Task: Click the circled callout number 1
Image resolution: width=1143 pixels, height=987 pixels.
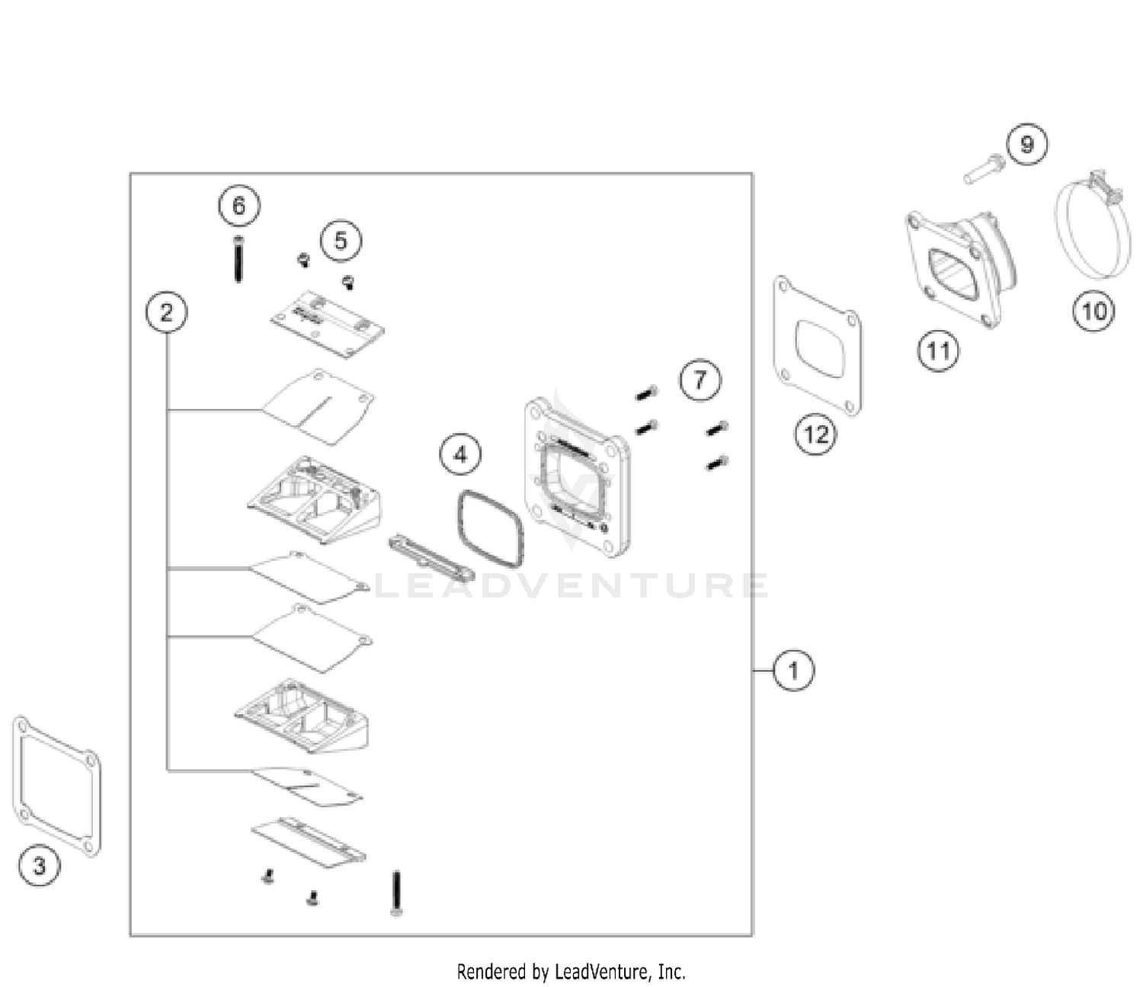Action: [793, 671]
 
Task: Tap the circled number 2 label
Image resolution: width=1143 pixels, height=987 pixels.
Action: [166, 312]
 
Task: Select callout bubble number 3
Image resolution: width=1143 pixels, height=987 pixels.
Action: [40, 866]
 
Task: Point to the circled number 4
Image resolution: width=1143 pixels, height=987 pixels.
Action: [460, 454]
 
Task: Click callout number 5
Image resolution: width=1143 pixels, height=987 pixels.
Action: [341, 241]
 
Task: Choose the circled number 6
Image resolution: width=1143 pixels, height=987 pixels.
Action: [239, 206]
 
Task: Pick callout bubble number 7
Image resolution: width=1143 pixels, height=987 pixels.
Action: [700, 380]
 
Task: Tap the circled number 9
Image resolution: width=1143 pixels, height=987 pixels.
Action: [1026, 144]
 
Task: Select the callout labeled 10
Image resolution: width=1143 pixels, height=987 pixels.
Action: [1093, 312]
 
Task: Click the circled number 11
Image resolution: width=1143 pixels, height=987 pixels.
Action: [938, 351]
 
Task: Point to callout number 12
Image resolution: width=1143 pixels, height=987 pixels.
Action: [815, 435]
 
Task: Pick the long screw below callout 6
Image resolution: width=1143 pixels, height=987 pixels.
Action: [239, 259]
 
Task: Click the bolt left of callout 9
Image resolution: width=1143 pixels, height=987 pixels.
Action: [985, 170]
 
